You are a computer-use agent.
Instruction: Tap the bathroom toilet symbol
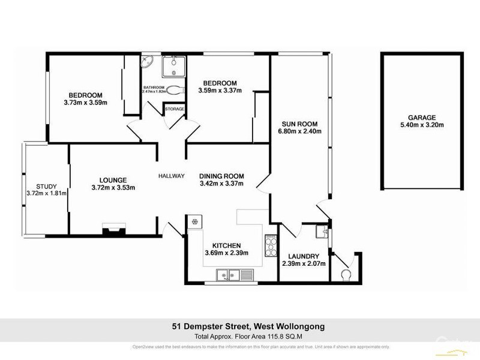[174, 92]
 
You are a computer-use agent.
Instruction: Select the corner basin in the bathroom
[147, 61]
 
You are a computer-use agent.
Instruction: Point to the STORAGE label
[175, 109]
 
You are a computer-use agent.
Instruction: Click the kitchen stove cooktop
[270, 244]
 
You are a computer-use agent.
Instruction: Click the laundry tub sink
[323, 232]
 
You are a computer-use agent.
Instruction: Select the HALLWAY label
[171, 176]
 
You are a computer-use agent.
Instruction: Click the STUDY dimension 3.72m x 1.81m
[46, 193]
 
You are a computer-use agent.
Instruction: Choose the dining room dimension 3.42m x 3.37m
[221, 184]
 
